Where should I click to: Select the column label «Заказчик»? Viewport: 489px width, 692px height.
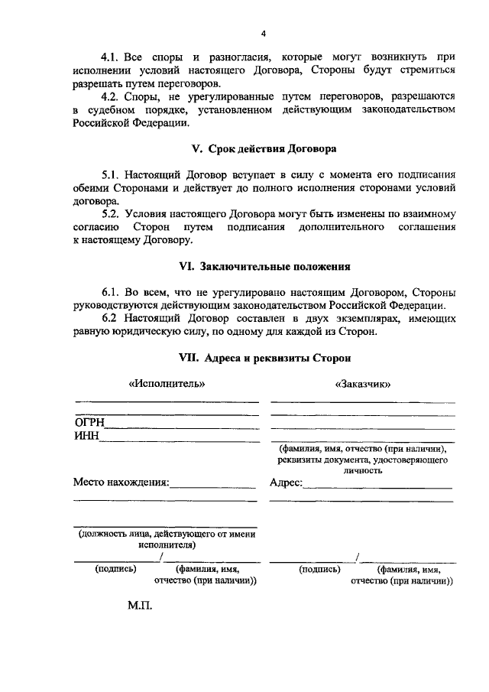tap(363, 384)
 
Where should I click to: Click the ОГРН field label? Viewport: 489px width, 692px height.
tap(89, 422)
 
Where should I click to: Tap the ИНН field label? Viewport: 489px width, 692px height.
tap(86, 436)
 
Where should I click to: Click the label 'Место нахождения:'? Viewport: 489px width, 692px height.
tap(121, 482)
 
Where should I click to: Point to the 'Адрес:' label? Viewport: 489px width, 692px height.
tap(287, 482)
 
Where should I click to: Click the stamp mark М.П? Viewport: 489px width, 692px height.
tap(141, 606)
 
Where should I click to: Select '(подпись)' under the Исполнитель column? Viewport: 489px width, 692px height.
tap(115, 569)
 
